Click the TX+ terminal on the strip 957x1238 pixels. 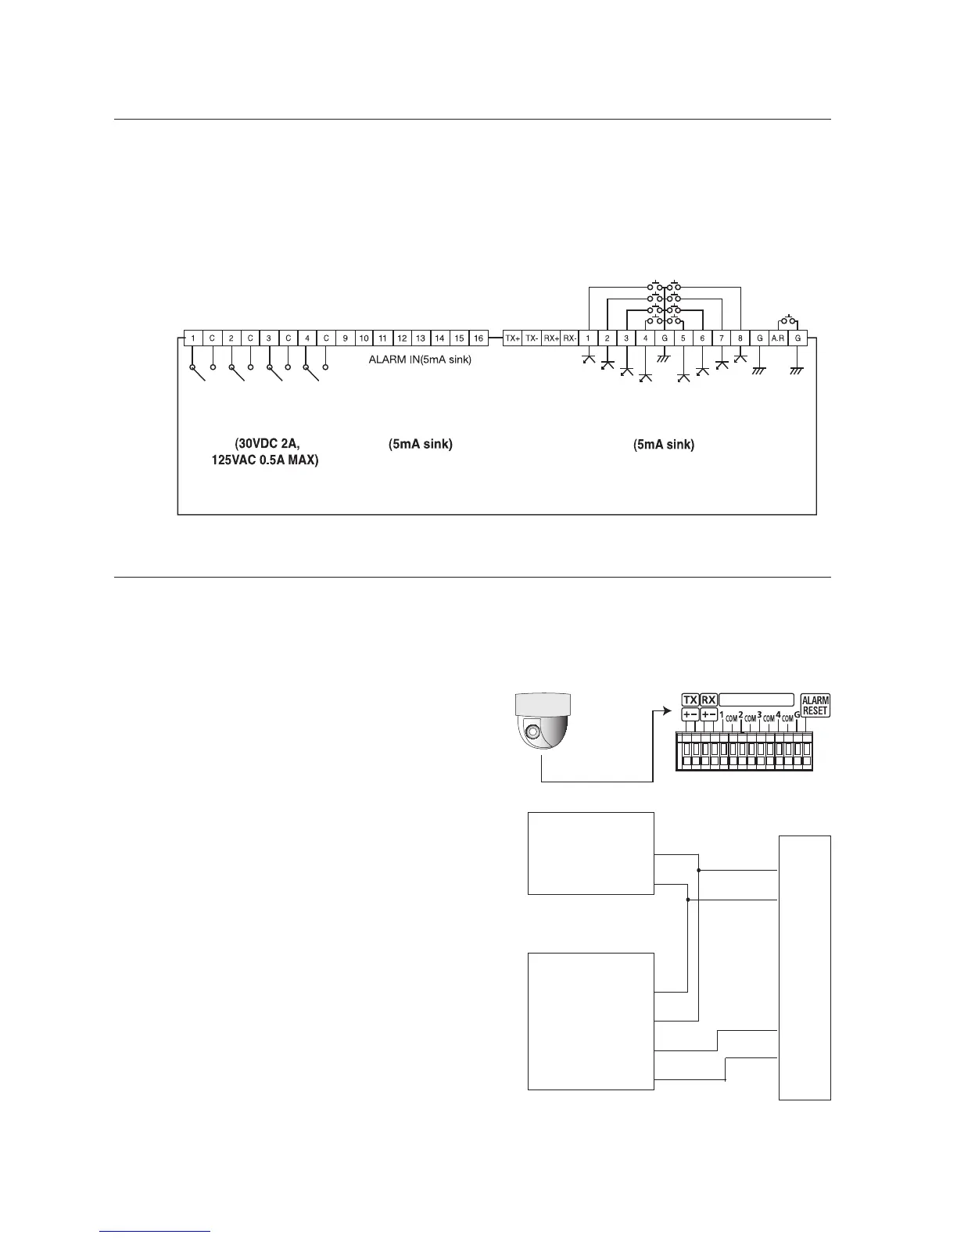pyautogui.click(x=512, y=338)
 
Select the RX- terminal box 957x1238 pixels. pyautogui.click(x=570, y=338)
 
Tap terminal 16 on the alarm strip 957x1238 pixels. pyautogui.click(x=478, y=338)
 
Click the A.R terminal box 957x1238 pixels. pyautogui.click(x=778, y=338)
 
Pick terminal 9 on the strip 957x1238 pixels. pyautogui.click(x=345, y=338)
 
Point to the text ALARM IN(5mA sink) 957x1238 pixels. pyautogui.click(x=420, y=360)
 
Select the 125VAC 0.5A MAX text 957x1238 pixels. pyautogui.click(x=265, y=460)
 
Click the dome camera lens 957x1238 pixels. pyautogui.click(x=532, y=732)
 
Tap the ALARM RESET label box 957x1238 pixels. pyautogui.click(x=815, y=706)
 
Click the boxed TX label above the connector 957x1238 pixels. pyautogui.click(x=690, y=700)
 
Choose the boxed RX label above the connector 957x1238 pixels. pyautogui.click(x=708, y=700)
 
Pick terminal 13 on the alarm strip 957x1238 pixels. pyautogui.click(x=421, y=338)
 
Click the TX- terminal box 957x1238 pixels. pyautogui.click(x=532, y=338)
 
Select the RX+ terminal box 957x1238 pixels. pyautogui.click(x=551, y=338)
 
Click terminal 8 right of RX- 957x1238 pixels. pyautogui.click(x=740, y=338)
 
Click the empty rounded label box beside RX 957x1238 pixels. pyautogui.click(x=757, y=700)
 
